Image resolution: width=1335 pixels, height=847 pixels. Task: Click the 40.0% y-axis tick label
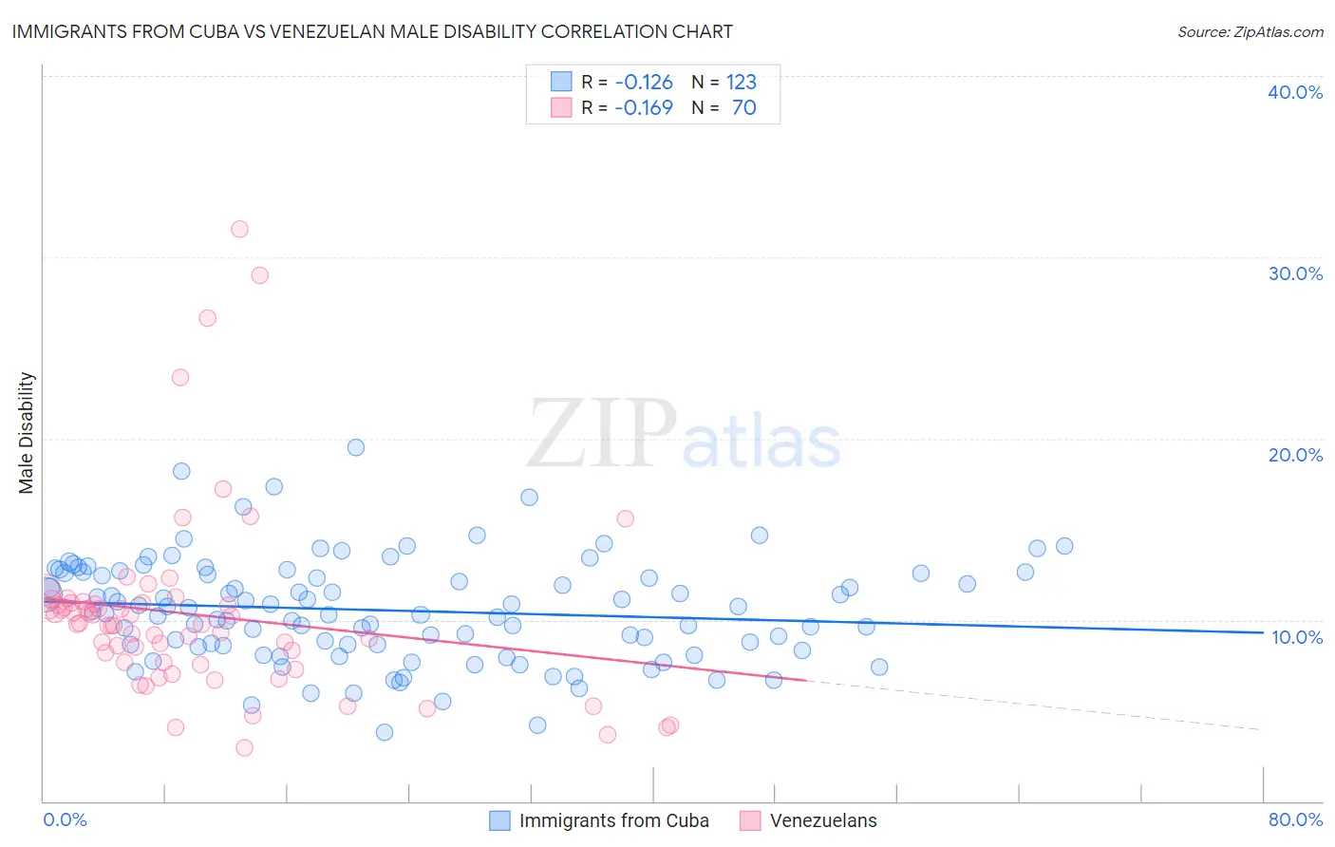click(1295, 92)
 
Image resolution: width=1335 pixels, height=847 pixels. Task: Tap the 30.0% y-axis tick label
click(1295, 273)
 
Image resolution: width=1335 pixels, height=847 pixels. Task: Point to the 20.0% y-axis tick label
click(1295, 455)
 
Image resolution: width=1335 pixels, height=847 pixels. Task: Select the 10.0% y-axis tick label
click(1297, 637)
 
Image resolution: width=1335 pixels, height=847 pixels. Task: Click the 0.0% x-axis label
click(65, 819)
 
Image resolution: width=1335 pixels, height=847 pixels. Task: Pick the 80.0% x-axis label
click(1295, 819)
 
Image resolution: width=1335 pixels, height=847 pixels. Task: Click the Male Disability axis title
click(27, 432)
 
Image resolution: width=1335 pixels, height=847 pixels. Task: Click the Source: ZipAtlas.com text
click(1250, 31)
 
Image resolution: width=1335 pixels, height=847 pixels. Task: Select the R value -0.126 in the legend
click(643, 82)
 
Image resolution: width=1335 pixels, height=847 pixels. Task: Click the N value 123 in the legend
click(741, 82)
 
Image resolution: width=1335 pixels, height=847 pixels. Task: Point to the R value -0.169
click(643, 107)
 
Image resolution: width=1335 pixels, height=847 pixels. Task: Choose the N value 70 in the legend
click(743, 107)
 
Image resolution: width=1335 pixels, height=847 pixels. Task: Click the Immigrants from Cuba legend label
click(613, 820)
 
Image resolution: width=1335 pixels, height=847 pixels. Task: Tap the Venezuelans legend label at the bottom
click(823, 820)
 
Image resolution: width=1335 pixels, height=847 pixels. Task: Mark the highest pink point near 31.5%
click(239, 229)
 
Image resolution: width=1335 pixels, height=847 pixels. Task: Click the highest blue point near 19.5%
click(356, 447)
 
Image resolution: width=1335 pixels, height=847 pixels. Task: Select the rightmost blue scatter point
click(1064, 546)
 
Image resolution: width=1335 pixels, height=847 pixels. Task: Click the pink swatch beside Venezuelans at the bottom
click(750, 820)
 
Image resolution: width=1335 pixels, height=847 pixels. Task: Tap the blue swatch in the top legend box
click(561, 82)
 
